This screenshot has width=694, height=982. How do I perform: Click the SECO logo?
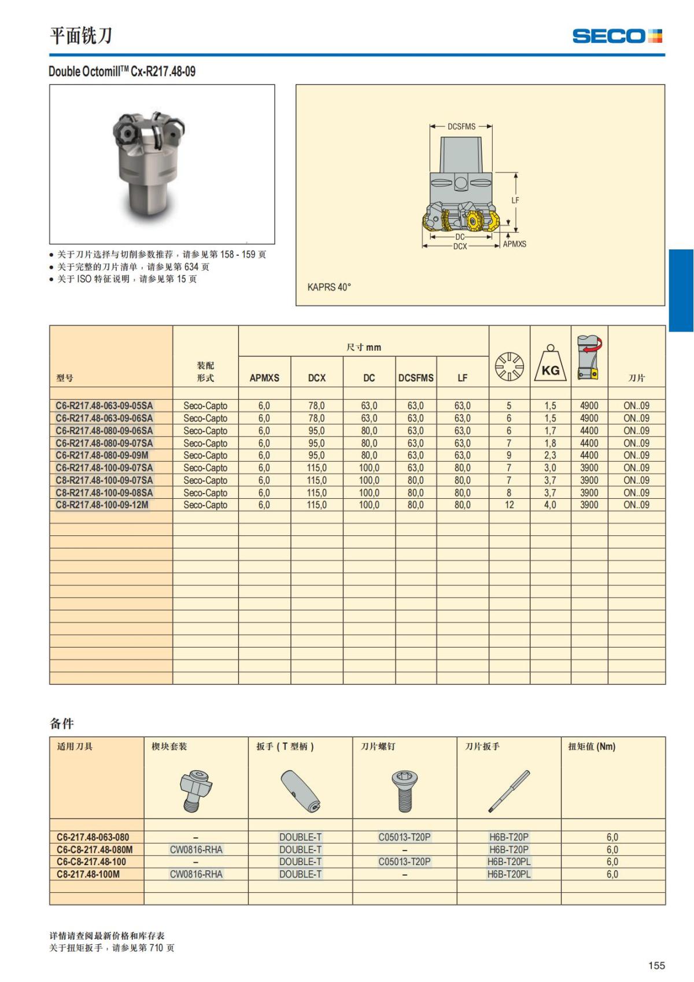pos(617,36)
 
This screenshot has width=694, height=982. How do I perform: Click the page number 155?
pos(656,965)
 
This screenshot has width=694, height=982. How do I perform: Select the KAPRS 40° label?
pos(329,287)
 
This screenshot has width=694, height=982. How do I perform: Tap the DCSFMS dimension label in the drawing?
pos(461,127)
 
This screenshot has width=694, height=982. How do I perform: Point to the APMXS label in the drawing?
pos(514,244)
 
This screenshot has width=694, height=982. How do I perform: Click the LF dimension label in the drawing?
pos(515,200)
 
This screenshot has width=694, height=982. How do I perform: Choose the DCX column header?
pos(316,378)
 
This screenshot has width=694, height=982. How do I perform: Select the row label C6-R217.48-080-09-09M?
pos(102,455)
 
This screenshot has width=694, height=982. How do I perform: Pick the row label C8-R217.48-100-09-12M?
pos(102,505)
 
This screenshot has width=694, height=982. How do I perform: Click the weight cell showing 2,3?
pos(550,455)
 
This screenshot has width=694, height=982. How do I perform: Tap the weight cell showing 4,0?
pos(550,505)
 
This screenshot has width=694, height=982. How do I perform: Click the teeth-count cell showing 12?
pos(509,505)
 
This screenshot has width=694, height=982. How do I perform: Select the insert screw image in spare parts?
pos(404,791)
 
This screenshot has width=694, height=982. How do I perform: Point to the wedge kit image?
pos(195,790)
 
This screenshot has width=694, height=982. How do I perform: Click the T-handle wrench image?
pos(300,791)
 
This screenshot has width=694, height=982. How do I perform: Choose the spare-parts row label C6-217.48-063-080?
pos(93,837)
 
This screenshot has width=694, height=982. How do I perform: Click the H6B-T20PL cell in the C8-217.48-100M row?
pos(509,874)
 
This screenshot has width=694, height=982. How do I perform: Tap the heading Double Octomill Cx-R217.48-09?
pos(122,72)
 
